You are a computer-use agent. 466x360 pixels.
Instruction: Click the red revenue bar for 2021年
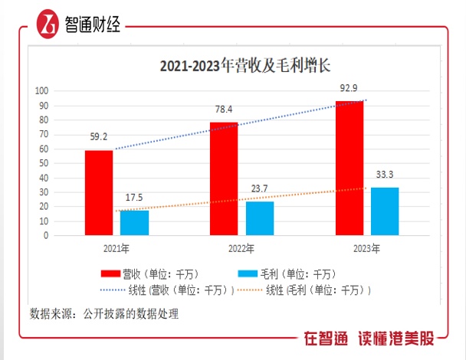(x=99, y=193)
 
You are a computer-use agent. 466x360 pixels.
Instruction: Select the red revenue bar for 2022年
(x=224, y=178)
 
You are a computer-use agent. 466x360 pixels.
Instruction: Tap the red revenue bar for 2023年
(x=349, y=169)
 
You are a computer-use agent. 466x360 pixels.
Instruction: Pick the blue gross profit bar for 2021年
(x=134, y=223)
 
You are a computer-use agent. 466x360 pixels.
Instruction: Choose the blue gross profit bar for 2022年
(x=260, y=218)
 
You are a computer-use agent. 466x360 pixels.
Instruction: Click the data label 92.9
(x=349, y=90)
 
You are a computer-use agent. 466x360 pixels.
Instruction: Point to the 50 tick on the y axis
(x=44, y=163)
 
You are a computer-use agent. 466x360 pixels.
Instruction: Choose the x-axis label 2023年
(x=366, y=248)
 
